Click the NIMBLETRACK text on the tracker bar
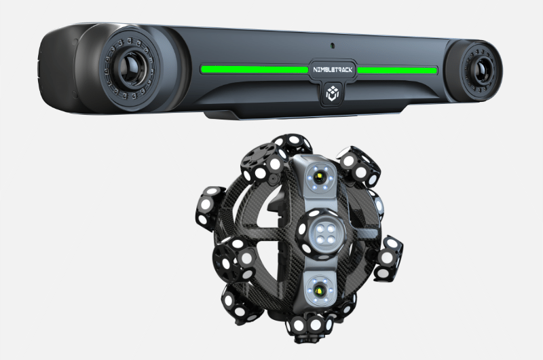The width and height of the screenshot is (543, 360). (333, 70)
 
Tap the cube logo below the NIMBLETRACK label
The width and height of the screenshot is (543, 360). (332, 94)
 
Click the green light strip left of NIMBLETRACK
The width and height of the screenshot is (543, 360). (254, 69)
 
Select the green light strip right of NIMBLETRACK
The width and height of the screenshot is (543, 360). (397, 71)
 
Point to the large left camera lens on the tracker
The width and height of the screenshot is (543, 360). (132, 68)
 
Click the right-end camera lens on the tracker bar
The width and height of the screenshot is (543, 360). (482, 71)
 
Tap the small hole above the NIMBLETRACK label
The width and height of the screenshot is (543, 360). (333, 46)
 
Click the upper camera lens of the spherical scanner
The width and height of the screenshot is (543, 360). (319, 178)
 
